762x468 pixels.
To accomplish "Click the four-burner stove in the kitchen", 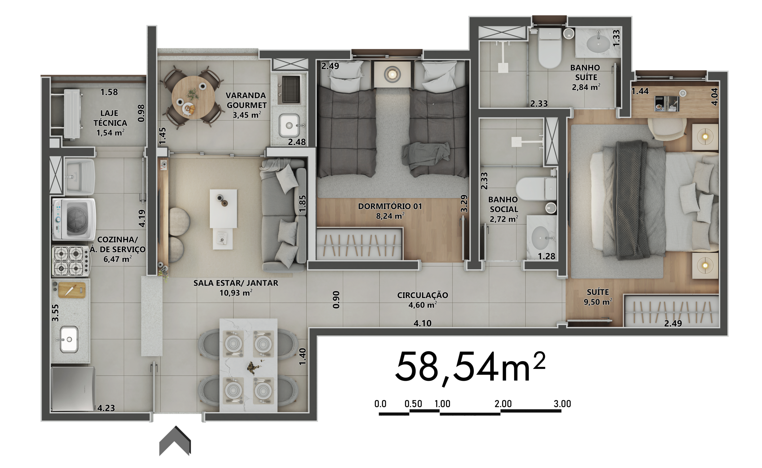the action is pyautogui.click(x=71, y=261).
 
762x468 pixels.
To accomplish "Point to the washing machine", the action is pyautogui.click(x=74, y=219).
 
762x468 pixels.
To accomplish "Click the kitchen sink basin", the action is pyautogui.click(x=69, y=339).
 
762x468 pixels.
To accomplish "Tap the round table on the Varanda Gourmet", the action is pyautogui.click(x=193, y=97).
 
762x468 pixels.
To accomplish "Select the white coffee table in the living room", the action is pyautogui.click(x=223, y=209).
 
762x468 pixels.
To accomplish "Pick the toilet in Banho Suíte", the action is pyautogui.click(x=550, y=48).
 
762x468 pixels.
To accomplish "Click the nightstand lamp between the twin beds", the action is pyautogui.click(x=392, y=74).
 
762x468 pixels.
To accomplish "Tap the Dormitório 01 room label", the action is pyautogui.click(x=390, y=211).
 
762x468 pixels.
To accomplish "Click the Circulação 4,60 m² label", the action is pyautogui.click(x=423, y=300).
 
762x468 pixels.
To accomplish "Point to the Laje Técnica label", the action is pyautogui.click(x=110, y=123).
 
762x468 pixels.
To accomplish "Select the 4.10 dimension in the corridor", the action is pyautogui.click(x=422, y=323).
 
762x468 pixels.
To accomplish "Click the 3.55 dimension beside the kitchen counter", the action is pyautogui.click(x=55, y=313).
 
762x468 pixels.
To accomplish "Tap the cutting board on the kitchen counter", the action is pyautogui.click(x=72, y=290).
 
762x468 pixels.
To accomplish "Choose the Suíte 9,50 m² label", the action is pyautogui.click(x=598, y=297).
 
